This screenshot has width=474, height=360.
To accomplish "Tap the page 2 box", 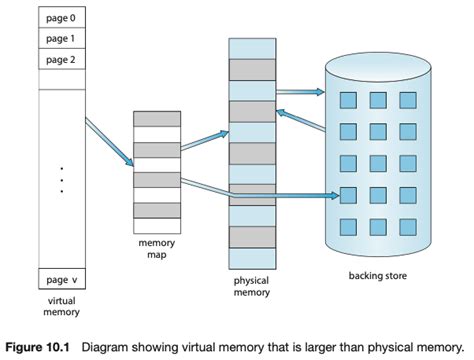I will [61, 59].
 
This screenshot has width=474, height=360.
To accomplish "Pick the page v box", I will [61, 279].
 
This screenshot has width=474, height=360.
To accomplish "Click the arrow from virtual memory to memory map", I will [109, 141].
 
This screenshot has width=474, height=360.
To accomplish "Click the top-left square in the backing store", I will [348, 100].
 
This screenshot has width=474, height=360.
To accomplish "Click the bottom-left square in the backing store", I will [348, 225].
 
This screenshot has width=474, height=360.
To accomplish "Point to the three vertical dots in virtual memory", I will [61, 179].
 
